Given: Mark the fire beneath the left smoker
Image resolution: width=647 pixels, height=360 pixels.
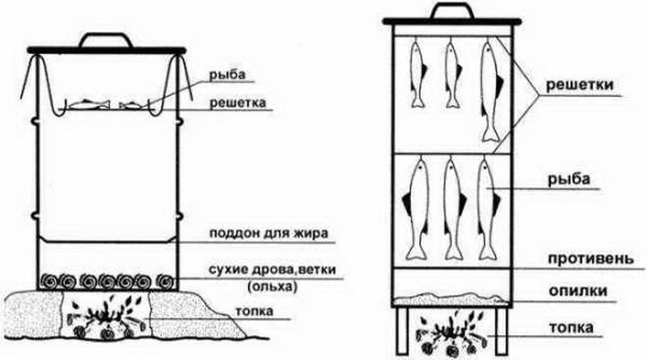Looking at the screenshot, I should point(110,319).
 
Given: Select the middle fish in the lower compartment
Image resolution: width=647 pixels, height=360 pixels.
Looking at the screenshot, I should point(451,210).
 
